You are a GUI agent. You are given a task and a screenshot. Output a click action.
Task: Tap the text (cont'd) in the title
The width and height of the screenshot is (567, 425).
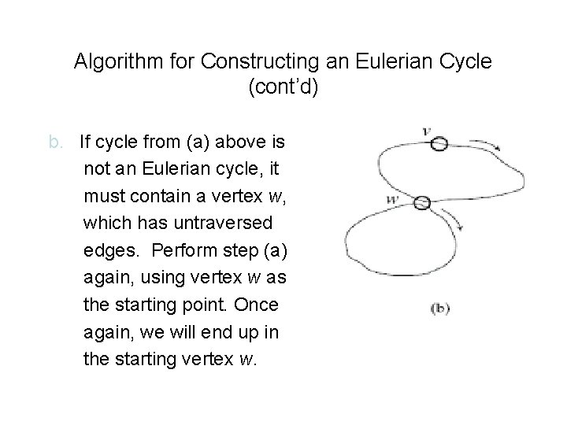283,87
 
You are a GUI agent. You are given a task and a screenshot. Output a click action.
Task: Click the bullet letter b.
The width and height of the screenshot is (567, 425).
55,143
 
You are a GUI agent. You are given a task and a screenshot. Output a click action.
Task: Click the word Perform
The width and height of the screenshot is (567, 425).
185,251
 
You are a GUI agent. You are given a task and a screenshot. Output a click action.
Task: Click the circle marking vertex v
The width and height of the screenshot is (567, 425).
439,143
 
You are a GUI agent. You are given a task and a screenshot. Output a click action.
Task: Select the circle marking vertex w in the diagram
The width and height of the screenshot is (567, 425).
423,201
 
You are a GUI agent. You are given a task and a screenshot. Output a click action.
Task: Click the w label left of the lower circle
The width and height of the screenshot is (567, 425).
393,200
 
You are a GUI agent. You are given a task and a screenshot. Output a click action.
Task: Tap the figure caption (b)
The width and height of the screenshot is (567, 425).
439,308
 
